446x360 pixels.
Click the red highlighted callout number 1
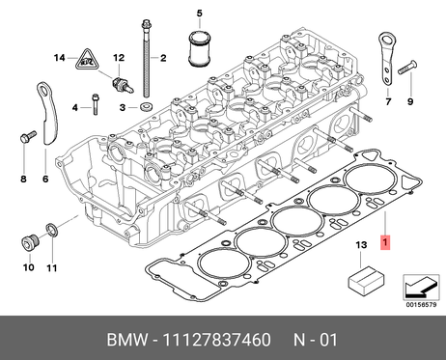(x=385, y=242)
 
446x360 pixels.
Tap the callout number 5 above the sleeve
(x=200, y=14)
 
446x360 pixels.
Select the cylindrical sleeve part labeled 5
(x=199, y=48)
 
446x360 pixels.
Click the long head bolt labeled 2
(x=147, y=59)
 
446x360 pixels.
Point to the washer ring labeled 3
(x=147, y=106)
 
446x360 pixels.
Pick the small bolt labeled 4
(x=95, y=104)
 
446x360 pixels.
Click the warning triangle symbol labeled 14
(x=87, y=60)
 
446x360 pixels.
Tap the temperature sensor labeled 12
(x=122, y=85)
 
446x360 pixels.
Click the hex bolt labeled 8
(x=27, y=136)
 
